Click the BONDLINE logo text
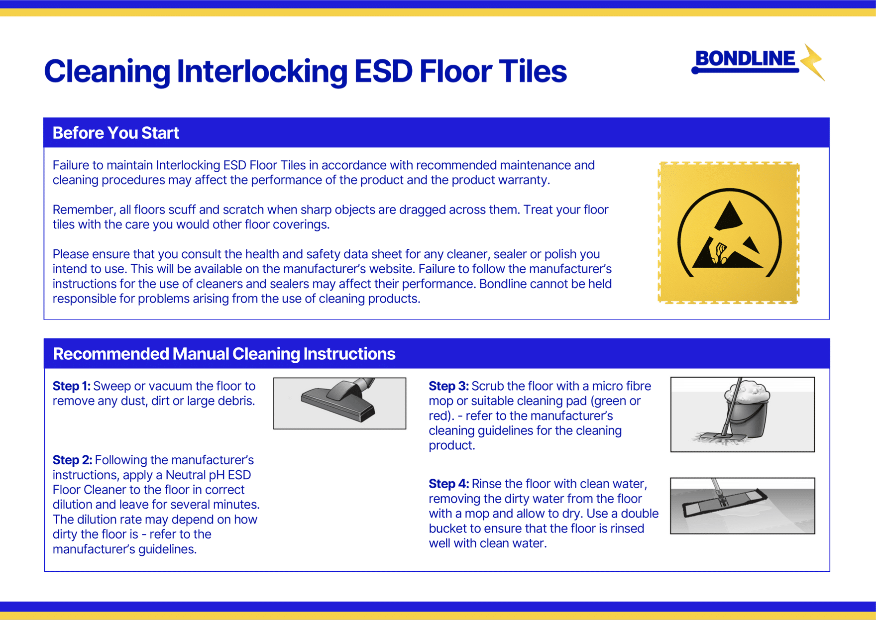745,59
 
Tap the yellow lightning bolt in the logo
812,62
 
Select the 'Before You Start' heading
115,133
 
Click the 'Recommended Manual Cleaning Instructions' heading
224,354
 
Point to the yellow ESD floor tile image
729,232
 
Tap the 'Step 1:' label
72,386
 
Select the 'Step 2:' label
72,460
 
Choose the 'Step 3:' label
448,386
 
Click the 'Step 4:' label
448,484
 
